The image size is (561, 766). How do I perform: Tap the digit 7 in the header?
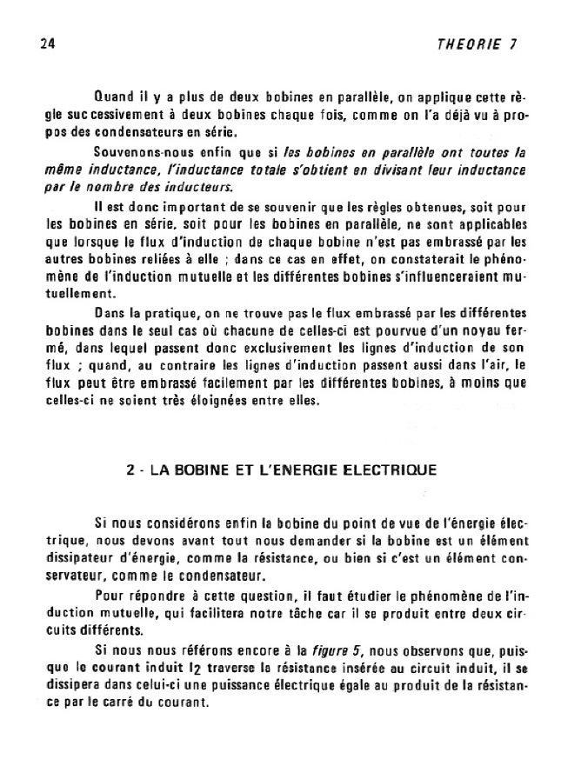point(512,45)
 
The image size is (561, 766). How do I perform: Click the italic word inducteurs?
point(204,185)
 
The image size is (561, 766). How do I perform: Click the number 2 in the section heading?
point(129,470)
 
